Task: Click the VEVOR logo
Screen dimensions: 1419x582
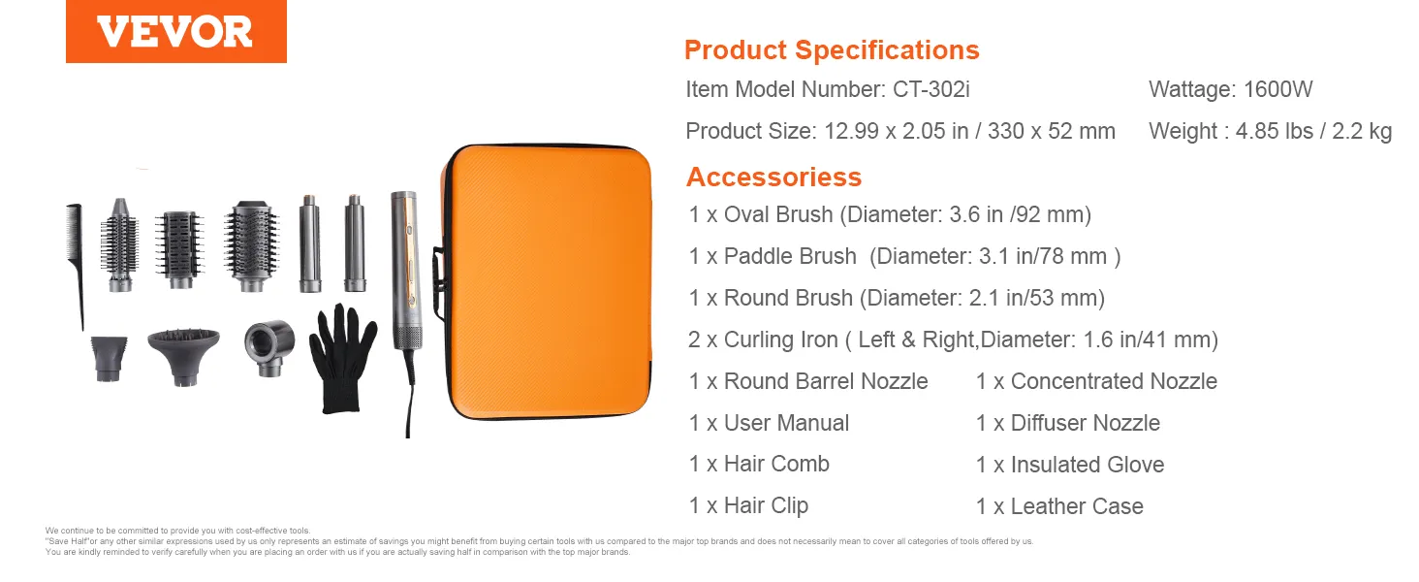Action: (176, 32)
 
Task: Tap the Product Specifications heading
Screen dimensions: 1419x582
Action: (832, 50)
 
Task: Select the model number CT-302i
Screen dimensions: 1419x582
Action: (931, 89)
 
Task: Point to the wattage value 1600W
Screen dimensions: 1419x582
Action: (1277, 89)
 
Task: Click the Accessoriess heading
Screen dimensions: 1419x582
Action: (774, 177)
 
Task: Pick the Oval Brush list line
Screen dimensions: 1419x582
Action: (890, 214)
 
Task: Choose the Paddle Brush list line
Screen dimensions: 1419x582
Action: (904, 256)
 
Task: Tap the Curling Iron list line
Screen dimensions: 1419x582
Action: (954, 339)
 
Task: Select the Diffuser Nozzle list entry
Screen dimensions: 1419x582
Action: (1068, 423)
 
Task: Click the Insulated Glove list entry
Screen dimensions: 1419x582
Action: (1070, 465)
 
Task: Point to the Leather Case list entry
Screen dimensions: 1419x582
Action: (1059, 506)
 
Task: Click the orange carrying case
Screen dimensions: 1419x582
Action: (546, 281)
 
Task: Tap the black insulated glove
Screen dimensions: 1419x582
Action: (343, 359)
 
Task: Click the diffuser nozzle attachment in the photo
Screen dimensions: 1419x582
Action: (184, 355)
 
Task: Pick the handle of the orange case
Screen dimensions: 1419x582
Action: (438, 283)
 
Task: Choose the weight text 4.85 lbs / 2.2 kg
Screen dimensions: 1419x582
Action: (1314, 131)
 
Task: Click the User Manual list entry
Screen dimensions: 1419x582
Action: (769, 423)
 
